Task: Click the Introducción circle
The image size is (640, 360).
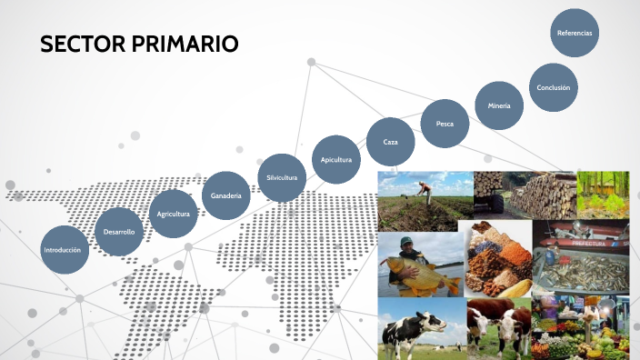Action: pyautogui.click(x=65, y=249)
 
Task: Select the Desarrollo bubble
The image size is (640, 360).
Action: pyautogui.click(x=119, y=232)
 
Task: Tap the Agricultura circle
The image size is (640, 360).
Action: pyautogui.click(x=173, y=214)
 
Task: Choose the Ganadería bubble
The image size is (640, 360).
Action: pyautogui.click(x=225, y=195)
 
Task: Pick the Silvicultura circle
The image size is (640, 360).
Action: pyautogui.click(x=282, y=177)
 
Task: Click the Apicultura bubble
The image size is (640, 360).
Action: pyautogui.click(x=335, y=159)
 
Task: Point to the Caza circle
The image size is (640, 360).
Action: pyautogui.click(x=391, y=142)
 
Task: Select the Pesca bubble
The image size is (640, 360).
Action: pyautogui.click(x=445, y=123)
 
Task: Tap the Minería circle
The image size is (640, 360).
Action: pyautogui.click(x=499, y=105)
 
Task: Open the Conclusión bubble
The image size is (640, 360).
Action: pyautogui.click(x=553, y=87)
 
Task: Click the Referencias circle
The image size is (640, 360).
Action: pyautogui.click(x=575, y=33)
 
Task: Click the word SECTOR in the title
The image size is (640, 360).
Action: pyautogui.click(x=84, y=44)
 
